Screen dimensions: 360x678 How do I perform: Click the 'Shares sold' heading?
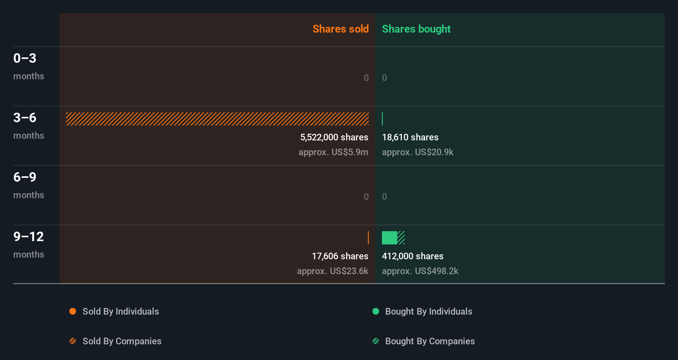340,29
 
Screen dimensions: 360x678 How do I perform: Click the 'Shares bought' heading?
416,29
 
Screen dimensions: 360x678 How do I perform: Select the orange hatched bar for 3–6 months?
217,119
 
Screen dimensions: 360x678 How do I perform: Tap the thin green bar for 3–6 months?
382,119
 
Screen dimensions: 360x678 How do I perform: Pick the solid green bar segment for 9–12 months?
389,238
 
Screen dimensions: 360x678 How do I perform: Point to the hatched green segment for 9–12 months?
401,238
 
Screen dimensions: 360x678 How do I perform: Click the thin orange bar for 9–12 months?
368,238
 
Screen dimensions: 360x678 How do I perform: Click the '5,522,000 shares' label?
334,137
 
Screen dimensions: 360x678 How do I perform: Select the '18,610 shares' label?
410,137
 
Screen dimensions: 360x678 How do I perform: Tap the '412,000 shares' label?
412,256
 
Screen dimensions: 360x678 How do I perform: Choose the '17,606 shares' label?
340,256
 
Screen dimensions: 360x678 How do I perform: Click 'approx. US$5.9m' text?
333,152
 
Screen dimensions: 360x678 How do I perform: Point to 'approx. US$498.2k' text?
420,271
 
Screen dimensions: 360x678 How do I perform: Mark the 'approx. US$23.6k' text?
332,271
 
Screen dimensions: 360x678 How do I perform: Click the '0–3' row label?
25,58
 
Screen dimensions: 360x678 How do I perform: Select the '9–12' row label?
28,237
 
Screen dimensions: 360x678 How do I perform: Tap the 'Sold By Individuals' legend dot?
73,311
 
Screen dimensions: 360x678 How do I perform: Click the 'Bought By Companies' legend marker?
376,341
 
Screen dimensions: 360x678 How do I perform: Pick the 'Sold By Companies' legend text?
122,341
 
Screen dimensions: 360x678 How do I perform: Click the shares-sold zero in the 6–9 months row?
366,197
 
